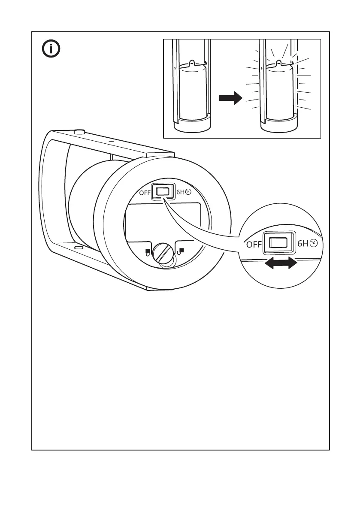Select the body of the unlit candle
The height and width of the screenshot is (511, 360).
(192, 92)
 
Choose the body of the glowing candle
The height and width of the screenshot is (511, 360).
(279, 92)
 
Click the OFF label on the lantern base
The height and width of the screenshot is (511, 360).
(145, 193)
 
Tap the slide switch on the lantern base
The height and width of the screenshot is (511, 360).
(162, 192)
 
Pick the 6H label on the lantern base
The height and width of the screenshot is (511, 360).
(180, 193)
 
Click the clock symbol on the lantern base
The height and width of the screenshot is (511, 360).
(187, 193)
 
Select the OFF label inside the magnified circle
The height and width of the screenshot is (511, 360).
(254, 245)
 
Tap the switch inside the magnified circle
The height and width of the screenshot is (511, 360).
(278, 243)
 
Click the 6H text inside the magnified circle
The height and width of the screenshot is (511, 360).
(303, 244)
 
